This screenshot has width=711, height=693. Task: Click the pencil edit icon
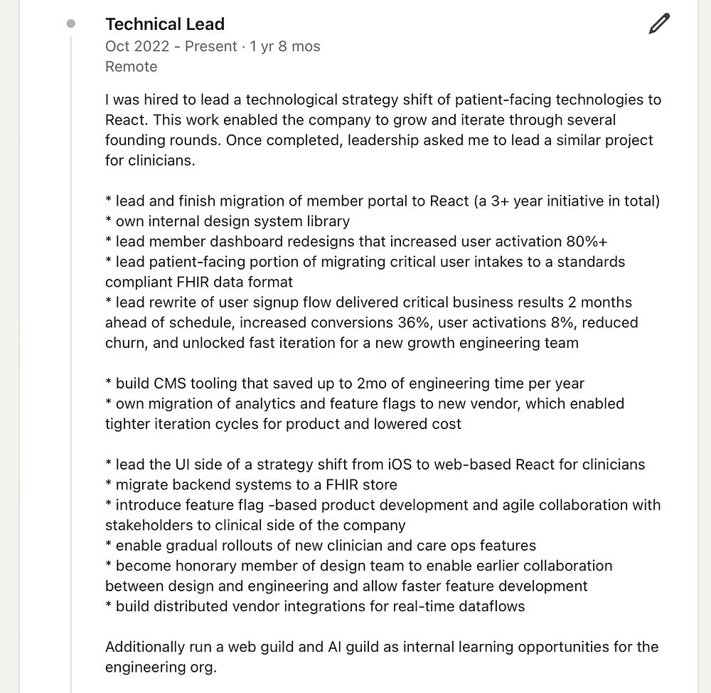click(659, 25)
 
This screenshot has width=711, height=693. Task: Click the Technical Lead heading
click(165, 24)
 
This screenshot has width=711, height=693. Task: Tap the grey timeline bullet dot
click(70, 23)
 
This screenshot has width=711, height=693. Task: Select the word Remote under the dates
click(132, 67)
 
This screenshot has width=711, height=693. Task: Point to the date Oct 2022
click(137, 46)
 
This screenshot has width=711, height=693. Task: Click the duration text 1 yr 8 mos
click(285, 46)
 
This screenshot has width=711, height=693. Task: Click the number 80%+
click(587, 241)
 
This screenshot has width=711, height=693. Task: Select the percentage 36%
click(414, 322)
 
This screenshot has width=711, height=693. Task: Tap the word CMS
click(171, 383)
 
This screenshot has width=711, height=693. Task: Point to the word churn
click(125, 343)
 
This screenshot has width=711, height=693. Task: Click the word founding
click(138, 140)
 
